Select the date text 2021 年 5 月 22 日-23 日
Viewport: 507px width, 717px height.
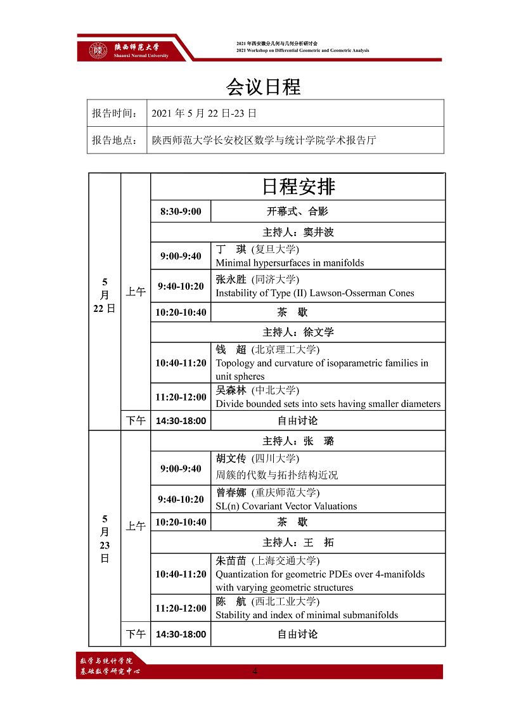(x=204, y=113)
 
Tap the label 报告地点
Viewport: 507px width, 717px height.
(x=115, y=140)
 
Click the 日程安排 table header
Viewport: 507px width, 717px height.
(x=298, y=186)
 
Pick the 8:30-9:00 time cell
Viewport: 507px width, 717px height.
(x=181, y=211)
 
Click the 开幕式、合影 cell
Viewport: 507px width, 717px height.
(x=297, y=211)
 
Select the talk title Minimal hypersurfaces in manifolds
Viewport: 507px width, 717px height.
(x=290, y=262)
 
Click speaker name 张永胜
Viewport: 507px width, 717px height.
(x=231, y=280)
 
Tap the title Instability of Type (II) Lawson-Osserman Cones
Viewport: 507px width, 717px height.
(x=314, y=293)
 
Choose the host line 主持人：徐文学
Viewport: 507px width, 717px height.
(x=298, y=332)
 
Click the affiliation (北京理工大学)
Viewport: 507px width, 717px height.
(x=285, y=349)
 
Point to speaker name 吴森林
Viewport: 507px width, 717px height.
(x=231, y=391)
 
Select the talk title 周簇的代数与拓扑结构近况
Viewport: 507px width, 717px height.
(x=277, y=474)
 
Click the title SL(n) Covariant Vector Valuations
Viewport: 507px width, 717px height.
(x=286, y=506)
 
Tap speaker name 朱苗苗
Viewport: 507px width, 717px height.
(x=231, y=560)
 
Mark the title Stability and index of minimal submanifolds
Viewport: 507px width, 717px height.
(x=307, y=614)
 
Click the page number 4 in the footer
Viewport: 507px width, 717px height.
(x=255, y=671)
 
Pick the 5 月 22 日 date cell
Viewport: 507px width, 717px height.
(x=105, y=295)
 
